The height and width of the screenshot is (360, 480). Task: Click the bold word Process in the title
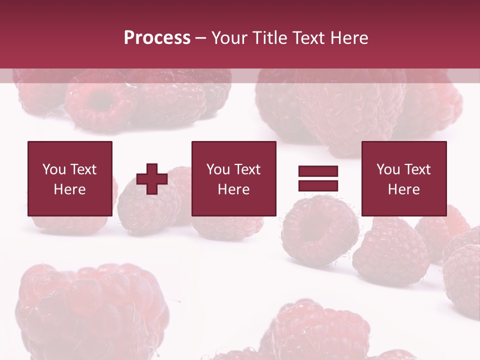click(157, 38)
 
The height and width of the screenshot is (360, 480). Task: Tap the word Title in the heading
click(268, 38)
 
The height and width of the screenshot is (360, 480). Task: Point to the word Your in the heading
click(229, 38)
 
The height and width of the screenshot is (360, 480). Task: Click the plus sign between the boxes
click(152, 178)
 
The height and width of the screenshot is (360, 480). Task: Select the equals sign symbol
click(318, 178)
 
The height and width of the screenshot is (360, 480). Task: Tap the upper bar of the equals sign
click(318, 171)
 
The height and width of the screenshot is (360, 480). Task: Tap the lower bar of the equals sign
click(318, 185)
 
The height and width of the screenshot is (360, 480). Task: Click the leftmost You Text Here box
click(70, 178)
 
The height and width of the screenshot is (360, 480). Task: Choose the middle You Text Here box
click(234, 178)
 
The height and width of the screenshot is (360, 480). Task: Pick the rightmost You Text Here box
click(404, 178)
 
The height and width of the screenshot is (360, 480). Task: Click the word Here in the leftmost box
click(70, 189)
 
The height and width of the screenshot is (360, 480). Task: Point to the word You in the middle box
click(218, 169)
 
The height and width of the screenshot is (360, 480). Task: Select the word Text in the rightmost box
click(416, 169)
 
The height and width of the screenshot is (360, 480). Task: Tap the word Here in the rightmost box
click(404, 189)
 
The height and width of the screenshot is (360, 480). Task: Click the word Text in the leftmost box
click(83, 169)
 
